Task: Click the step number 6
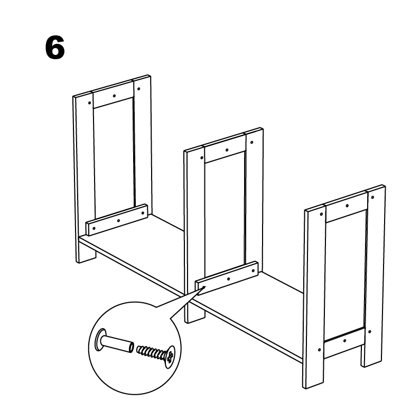click(55, 48)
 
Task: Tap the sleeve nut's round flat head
click(99, 340)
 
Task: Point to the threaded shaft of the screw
click(152, 352)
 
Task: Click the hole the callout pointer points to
click(204, 287)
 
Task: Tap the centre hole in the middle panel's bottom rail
click(228, 279)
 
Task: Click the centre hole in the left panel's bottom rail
click(118, 221)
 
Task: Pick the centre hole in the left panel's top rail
click(114, 96)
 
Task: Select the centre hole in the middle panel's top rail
click(227, 150)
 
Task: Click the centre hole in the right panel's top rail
click(347, 206)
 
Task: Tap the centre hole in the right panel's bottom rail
click(344, 341)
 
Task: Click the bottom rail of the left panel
click(117, 220)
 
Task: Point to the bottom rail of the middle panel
click(227, 278)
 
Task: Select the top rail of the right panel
click(346, 207)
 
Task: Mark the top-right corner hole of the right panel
click(372, 198)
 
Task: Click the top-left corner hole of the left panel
click(89, 103)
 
